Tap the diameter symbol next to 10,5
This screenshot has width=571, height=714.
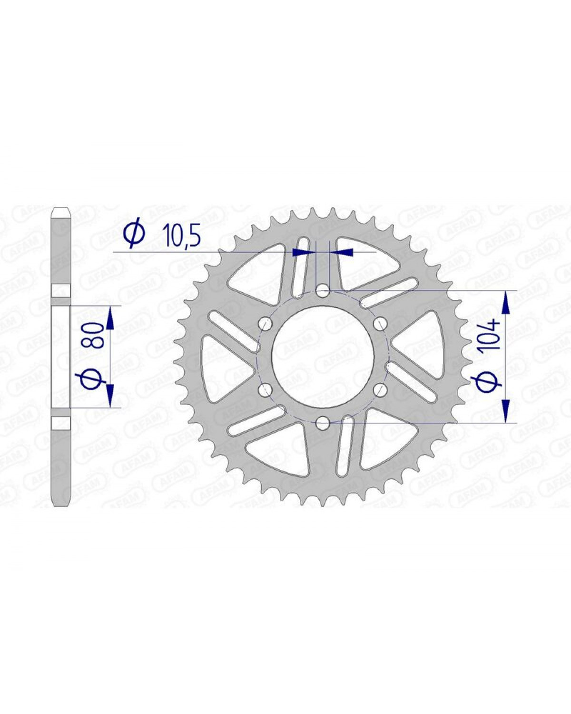[x=134, y=235]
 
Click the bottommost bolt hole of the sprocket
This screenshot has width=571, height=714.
[x=322, y=422]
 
